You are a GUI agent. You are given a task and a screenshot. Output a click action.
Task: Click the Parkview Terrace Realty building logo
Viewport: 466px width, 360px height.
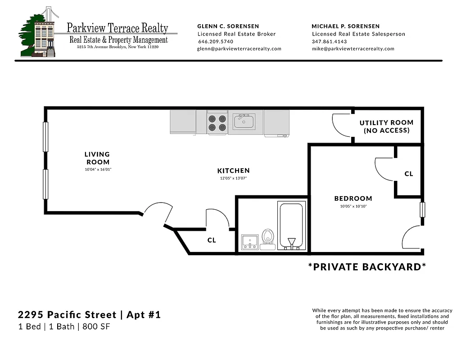pyautogui.click(x=38, y=32)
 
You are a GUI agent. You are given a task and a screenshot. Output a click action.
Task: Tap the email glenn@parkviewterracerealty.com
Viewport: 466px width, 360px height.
pyautogui.click(x=239, y=49)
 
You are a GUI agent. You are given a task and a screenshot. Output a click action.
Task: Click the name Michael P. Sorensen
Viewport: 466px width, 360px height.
pyautogui.click(x=345, y=26)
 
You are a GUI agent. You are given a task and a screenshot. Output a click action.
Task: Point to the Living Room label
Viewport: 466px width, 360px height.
pyautogui.click(x=97, y=158)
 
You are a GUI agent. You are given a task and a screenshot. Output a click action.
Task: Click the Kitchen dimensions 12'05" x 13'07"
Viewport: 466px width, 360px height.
pyautogui.click(x=233, y=179)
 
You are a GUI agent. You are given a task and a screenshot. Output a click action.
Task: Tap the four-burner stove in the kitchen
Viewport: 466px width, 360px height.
pyautogui.click(x=217, y=123)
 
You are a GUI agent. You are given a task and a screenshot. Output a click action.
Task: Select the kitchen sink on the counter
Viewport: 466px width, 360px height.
pyautogui.click(x=244, y=121)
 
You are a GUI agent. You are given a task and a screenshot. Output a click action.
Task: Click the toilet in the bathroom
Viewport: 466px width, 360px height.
pyautogui.click(x=268, y=238)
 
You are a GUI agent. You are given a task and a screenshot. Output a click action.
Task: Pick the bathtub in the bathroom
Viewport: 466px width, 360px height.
pyautogui.click(x=290, y=225)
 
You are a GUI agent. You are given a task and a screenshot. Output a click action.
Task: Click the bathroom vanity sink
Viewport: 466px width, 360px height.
pyautogui.click(x=250, y=242)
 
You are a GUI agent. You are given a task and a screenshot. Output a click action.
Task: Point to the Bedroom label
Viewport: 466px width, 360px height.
pyautogui.click(x=353, y=198)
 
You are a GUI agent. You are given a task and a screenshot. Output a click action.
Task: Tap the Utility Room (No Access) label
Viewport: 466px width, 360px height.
pyautogui.click(x=386, y=126)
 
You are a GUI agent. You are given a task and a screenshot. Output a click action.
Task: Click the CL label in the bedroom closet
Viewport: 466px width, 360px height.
pyautogui.click(x=409, y=174)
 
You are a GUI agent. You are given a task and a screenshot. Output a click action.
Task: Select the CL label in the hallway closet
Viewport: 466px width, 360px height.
pyautogui.click(x=212, y=240)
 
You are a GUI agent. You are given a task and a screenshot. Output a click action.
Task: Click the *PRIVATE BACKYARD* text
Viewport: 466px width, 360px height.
pyautogui.click(x=367, y=267)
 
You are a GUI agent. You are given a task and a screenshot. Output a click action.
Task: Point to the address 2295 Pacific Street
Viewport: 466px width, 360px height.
pyautogui.click(x=67, y=315)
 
